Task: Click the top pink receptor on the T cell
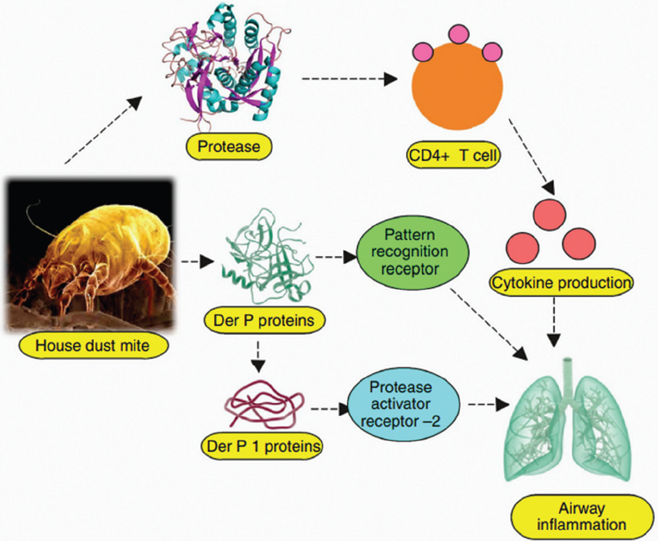(x=458, y=34)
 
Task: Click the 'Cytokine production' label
(x=561, y=283)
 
